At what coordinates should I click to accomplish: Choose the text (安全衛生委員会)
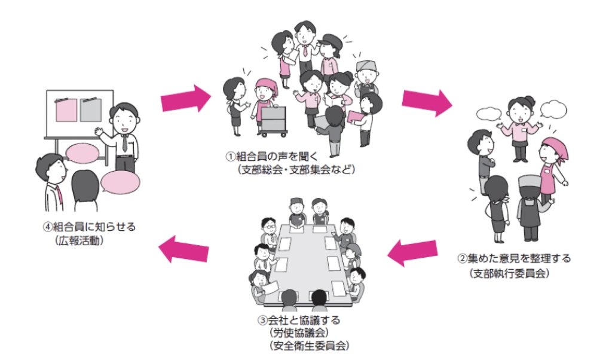tap(305, 346)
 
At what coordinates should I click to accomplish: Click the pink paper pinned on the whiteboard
tap(66, 109)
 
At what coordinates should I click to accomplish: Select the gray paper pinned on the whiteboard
tap(91, 109)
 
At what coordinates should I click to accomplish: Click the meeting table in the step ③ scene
tap(303, 257)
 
